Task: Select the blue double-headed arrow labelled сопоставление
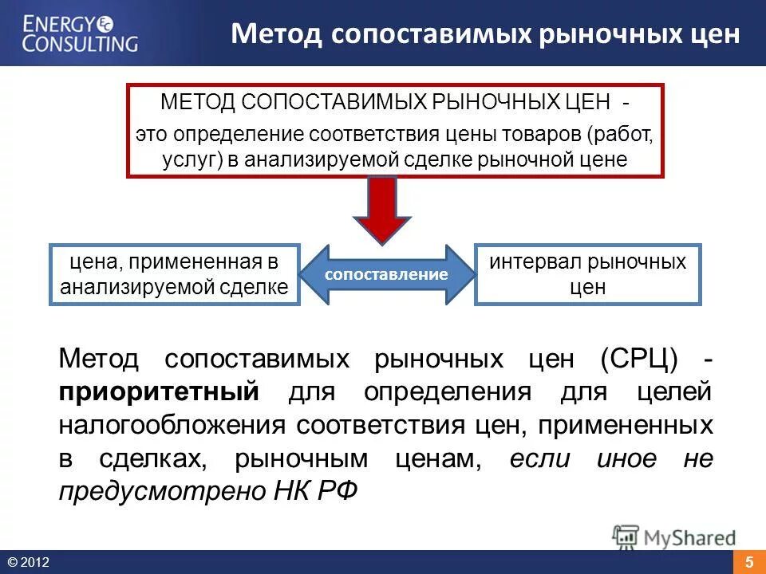386,274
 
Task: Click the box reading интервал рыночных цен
587,274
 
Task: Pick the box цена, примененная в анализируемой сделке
175,274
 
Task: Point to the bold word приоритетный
160,392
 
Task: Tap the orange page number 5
749,562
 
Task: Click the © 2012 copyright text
29,563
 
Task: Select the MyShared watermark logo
674,537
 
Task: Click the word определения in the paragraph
446,392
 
